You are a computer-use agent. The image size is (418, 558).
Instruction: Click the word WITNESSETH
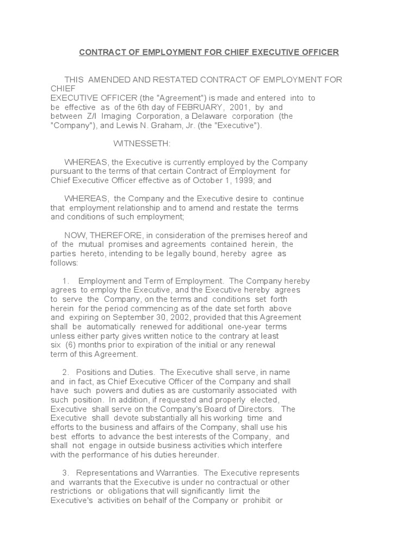[142, 144]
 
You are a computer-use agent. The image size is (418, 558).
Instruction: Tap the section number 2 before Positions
[65, 372]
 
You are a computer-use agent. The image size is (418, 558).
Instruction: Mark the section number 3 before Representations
[65, 473]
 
